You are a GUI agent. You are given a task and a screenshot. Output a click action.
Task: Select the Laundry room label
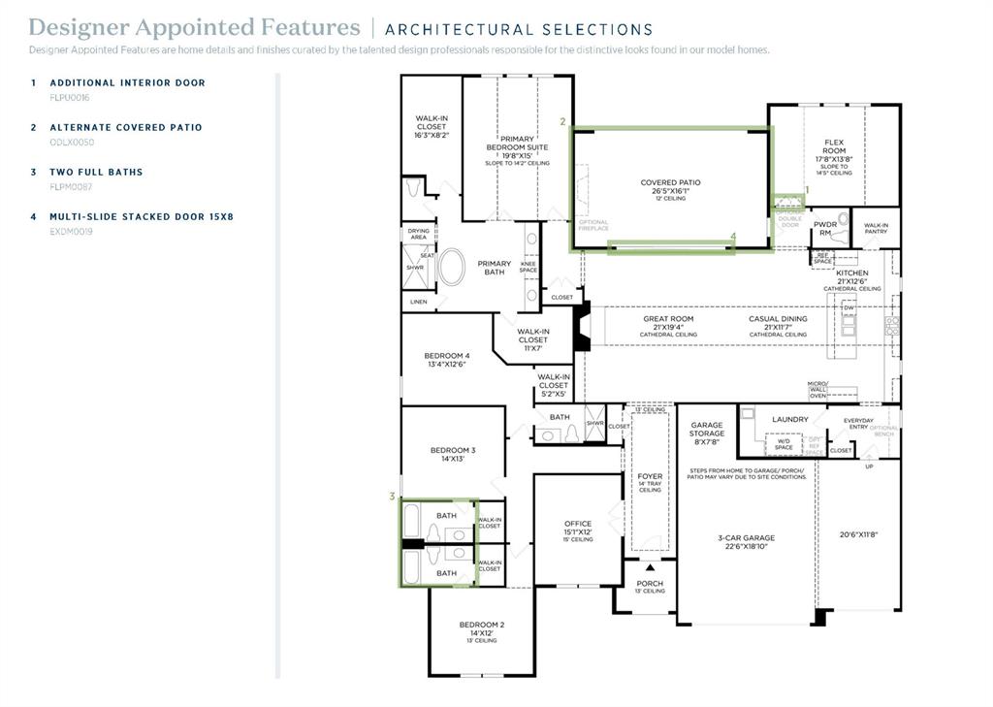789,419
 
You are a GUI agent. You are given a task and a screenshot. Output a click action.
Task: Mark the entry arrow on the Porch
650,566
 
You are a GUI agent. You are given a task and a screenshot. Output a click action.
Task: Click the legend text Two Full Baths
96,172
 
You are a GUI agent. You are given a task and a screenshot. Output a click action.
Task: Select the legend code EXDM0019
71,232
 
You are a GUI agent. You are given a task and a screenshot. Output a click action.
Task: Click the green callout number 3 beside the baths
392,497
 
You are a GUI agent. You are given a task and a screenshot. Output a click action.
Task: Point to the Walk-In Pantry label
876,228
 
